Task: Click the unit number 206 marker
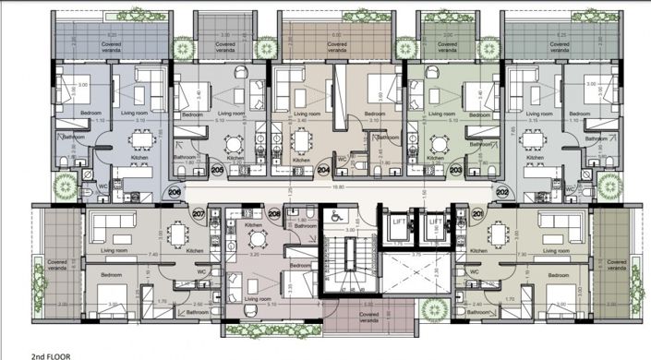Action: (175, 192)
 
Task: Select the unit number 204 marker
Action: (323, 170)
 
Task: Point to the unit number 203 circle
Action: (455, 170)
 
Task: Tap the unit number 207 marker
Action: (199, 215)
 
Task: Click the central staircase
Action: (348, 267)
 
